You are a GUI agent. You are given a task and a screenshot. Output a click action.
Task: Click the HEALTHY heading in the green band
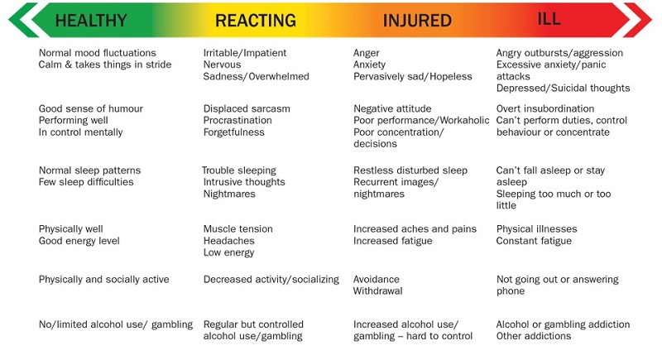(x=91, y=20)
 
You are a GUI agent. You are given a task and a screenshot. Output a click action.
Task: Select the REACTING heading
(x=255, y=20)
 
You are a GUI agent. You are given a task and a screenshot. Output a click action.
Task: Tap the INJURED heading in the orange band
(x=417, y=20)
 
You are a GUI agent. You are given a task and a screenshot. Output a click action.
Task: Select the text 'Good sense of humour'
(x=91, y=108)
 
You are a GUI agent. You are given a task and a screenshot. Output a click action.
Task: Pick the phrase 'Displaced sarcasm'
(x=247, y=108)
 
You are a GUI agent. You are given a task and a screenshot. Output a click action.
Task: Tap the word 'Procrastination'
(x=239, y=120)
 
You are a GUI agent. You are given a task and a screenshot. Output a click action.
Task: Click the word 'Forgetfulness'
(x=236, y=132)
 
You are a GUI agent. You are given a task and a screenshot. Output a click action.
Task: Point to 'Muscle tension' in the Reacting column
(x=238, y=228)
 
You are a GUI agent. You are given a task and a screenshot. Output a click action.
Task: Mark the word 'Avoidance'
(x=377, y=279)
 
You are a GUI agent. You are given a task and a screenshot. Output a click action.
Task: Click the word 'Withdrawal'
(x=379, y=291)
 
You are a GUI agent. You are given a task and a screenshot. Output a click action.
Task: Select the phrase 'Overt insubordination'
(x=545, y=108)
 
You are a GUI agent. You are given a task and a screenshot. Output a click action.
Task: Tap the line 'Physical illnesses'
(x=537, y=228)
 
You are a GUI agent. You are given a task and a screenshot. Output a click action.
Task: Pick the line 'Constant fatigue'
(x=535, y=241)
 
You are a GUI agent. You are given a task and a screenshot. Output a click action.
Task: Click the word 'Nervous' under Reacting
(x=223, y=65)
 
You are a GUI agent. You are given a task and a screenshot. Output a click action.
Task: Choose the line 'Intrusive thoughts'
(x=244, y=182)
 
